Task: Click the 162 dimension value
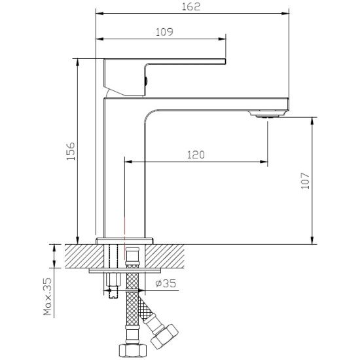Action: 191,7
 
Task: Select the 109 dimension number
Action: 164,32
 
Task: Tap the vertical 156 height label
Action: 71,151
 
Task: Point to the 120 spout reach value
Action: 196,154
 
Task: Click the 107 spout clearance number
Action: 306,181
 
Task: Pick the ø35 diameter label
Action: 166,283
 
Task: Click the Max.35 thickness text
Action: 48,296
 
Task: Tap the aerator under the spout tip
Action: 268,114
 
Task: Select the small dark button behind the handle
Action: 145,81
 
